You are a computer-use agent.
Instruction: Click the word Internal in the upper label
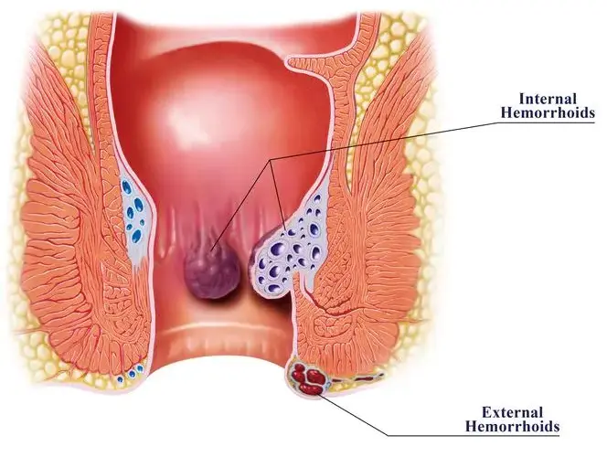pyautogui.click(x=548, y=99)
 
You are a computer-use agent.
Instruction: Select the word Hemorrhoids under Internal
pyautogui.click(x=548, y=112)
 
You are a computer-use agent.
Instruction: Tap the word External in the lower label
pyautogui.click(x=512, y=412)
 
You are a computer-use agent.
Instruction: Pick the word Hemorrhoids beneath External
pyautogui.click(x=512, y=426)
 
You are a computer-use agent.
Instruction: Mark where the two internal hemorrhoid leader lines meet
pyautogui.click(x=271, y=159)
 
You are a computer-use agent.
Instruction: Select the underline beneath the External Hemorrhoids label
pyautogui.click(x=474, y=435)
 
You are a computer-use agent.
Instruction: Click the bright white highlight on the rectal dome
pyautogui.click(x=194, y=116)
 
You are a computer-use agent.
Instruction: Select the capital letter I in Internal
pyautogui.click(x=522, y=99)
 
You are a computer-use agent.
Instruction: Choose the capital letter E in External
pyautogui.click(x=486, y=412)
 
